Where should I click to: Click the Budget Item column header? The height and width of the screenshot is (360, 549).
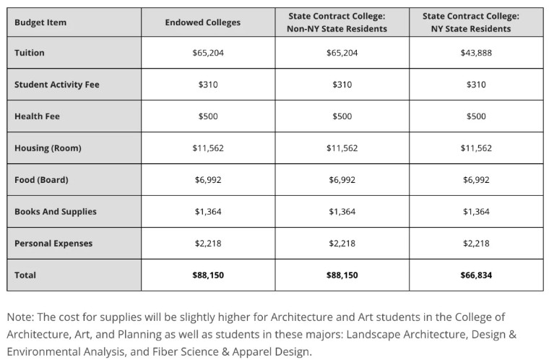(x=40, y=22)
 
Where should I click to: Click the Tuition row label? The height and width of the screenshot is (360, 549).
(x=30, y=53)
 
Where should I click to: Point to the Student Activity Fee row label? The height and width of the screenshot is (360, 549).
(x=57, y=85)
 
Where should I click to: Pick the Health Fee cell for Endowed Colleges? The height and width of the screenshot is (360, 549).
(x=207, y=116)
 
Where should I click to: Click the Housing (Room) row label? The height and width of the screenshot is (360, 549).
(x=48, y=148)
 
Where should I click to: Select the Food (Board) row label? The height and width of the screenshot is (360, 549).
(x=41, y=180)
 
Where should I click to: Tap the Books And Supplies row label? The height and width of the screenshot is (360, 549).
(x=55, y=212)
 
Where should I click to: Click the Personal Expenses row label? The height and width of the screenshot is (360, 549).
(x=53, y=244)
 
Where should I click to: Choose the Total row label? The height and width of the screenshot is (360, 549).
(x=25, y=275)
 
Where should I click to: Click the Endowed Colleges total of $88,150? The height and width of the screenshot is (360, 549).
(x=207, y=275)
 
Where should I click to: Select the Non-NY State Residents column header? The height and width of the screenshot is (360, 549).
(x=342, y=22)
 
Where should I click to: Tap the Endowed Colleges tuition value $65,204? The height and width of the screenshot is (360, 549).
(x=207, y=53)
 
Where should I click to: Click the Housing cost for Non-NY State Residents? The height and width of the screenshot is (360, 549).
(x=342, y=148)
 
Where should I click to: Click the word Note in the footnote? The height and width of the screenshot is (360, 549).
(x=20, y=317)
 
